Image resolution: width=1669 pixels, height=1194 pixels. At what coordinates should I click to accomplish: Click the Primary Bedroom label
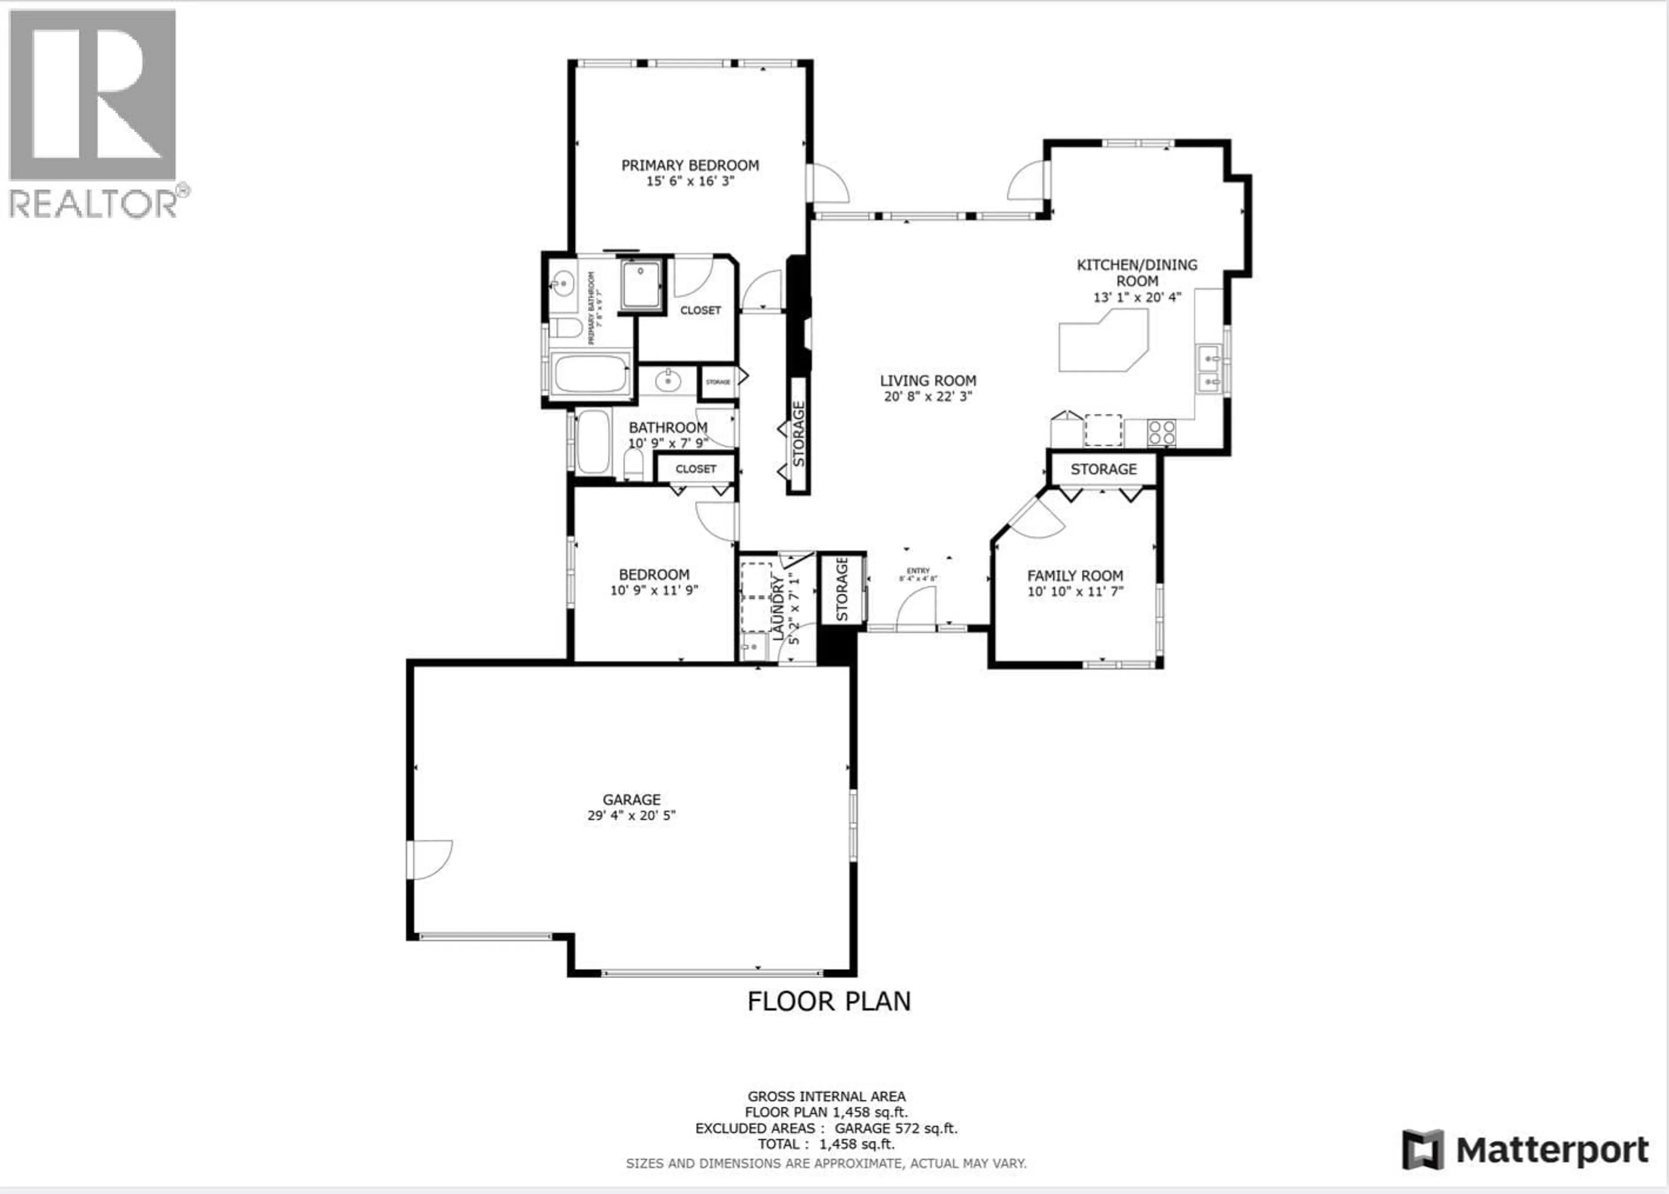pyautogui.click(x=690, y=166)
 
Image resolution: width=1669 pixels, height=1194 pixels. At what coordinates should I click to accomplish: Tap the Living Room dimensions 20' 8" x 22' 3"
pyautogui.click(x=928, y=397)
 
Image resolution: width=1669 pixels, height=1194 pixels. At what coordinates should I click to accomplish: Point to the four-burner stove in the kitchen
pyautogui.click(x=1161, y=432)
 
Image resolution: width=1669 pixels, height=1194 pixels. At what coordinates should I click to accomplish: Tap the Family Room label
pyautogui.click(x=1075, y=575)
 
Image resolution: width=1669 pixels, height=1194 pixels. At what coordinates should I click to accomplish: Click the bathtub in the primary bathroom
pyautogui.click(x=590, y=374)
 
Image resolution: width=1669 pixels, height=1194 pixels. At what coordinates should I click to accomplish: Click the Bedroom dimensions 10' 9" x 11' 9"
pyautogui.click(x=654, y=590)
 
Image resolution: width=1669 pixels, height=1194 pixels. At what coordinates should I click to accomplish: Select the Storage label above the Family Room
pyautogui.click(x=1103, y=469)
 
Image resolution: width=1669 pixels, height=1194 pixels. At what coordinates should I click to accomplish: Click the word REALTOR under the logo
pyautogui.click(x=93, y=204)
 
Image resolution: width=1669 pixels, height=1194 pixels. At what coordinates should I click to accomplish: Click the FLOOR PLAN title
pyautogui.click(x=828, y=1001)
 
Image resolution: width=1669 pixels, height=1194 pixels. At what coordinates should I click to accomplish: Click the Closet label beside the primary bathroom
pyautogui.click(x=700, y=310)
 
